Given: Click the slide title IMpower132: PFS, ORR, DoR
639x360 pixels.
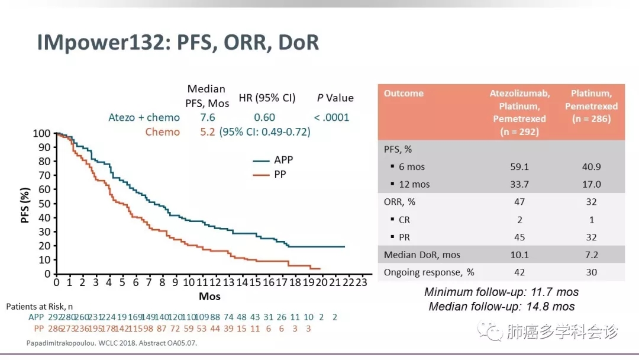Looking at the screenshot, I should click(x=177, y=43).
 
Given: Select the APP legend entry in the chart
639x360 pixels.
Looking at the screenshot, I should click(x=283, y=160).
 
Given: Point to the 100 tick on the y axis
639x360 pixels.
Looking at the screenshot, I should click(x=42, y=133).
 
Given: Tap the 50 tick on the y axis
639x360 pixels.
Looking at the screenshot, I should click(x=44, y=204).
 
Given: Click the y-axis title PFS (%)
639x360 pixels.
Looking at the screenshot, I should click(x=25, y=205).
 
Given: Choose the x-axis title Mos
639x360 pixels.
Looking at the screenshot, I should click(x=209, y=295).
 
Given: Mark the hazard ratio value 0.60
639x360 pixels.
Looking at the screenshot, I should click(x=264, y=117).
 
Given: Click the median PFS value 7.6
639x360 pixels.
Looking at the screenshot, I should click(x=208, y=117).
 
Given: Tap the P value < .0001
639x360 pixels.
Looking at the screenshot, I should click(x=331, y=117).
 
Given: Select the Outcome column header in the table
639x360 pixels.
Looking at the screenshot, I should click(x=404, y=94).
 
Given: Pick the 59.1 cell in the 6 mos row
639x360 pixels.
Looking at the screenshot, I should click(x=519, y=167).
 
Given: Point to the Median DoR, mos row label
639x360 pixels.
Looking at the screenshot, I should click(x=422, y=255).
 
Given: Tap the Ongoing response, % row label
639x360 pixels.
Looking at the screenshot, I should click(x=429, y=272).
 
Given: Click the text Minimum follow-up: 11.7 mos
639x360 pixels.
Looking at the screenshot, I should click(x=501, y=292).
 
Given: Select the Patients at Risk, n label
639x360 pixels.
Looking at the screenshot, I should click(x=39, y=307).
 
